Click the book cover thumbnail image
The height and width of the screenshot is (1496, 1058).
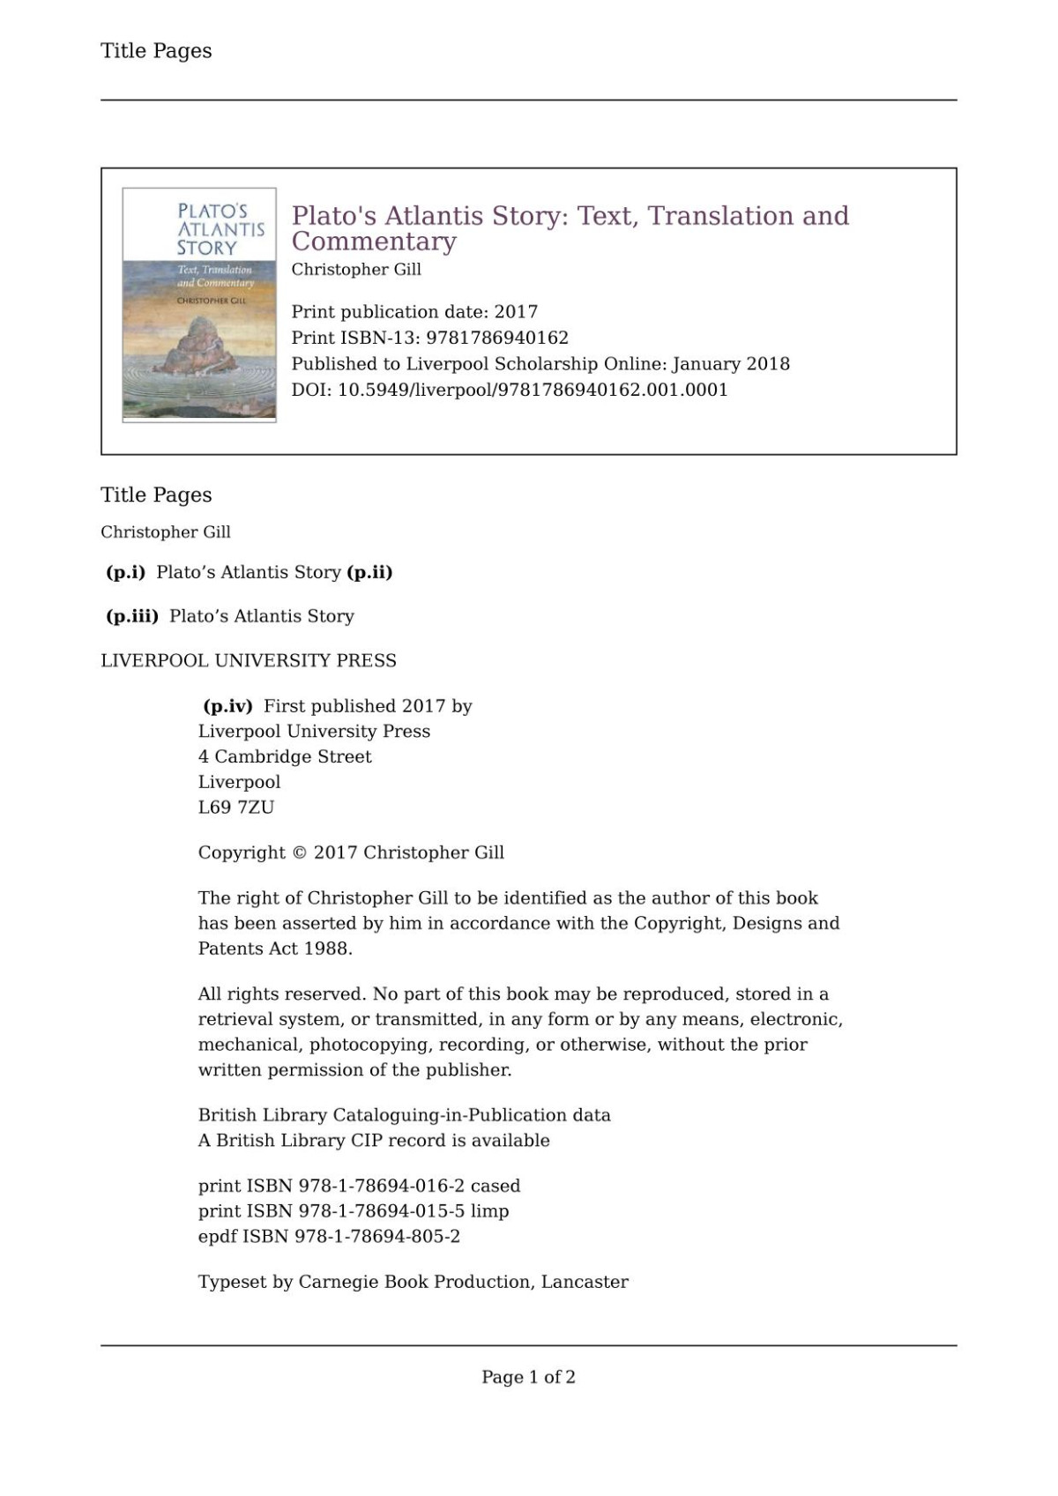click(x=199, y=305)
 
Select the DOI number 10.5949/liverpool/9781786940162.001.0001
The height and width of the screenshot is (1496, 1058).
click(x=533, y=390)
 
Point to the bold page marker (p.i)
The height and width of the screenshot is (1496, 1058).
click(x=125, y=572)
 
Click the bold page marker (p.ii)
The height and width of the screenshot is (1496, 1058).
click(x=369, y=572)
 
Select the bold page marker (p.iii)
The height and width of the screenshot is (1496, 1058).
click(x=132, y=616)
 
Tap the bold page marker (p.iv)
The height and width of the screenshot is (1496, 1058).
click(x=227, y=706)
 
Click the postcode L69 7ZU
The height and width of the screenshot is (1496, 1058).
click(x=235, y=808)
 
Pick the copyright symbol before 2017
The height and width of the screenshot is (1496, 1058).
click(x=299, y=852)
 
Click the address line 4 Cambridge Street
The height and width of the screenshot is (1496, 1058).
click(x=285, y=756)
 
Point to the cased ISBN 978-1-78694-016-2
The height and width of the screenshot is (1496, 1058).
click(x=381, y=1186)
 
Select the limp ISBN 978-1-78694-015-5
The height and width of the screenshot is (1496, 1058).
click(x=381, y=1211)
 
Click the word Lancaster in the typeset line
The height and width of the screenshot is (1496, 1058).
click(x=585, y=1282)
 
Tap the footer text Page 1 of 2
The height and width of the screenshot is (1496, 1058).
click(x=528, y=1377)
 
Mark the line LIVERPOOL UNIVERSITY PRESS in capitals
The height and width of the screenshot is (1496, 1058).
click(x=249, y=660)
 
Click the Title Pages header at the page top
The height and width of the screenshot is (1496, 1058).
click(x=156, y=51)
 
